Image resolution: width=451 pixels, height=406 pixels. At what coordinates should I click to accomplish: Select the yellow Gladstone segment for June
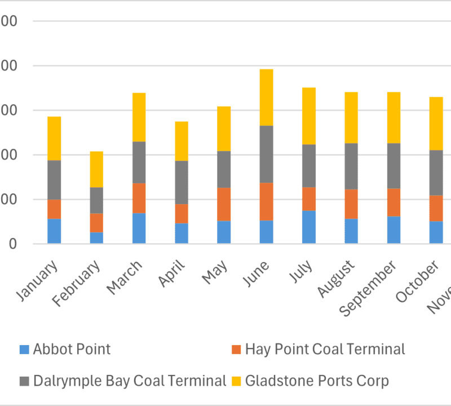click(x=266, y=97)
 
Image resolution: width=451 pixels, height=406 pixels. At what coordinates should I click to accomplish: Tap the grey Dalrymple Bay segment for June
click(x=266, y=154)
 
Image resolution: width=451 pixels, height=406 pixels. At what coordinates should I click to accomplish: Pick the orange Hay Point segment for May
click(x=224, y=204)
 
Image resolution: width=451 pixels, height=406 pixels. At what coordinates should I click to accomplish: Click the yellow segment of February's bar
click(x=96, y=169)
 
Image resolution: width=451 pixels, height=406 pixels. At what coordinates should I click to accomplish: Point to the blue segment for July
click(x=308, y=227)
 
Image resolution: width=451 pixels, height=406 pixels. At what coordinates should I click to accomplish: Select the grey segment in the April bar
click(x=181, y=182)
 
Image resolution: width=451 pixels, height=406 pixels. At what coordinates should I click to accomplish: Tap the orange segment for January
click(x=54, y=209)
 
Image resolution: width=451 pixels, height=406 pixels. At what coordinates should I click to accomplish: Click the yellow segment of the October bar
click(x=436, y=123)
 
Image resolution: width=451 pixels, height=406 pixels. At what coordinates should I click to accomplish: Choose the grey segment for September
click(x=393, y=166)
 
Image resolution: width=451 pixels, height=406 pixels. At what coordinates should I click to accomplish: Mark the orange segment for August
click(x=351, y=204)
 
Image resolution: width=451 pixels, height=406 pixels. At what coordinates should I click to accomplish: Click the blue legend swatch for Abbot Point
click(x=24, y=350)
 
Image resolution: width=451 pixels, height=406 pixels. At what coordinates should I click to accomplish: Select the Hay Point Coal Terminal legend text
click(x=325, y=350)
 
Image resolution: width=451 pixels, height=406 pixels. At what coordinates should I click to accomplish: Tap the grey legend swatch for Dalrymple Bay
click(x=24, y=381)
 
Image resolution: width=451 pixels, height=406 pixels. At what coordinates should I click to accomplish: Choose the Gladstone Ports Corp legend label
click(x=317, y=381)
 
